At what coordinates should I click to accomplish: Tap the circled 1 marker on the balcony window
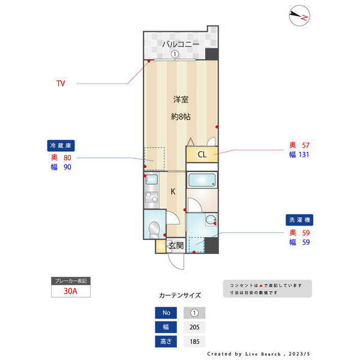point(174,54)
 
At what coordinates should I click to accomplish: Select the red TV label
point(61,83)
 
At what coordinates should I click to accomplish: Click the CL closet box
point(202,155)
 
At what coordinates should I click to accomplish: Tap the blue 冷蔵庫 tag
point(61,145)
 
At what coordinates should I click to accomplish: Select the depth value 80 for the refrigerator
point(67,157)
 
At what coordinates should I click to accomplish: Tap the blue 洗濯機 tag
point(298,220)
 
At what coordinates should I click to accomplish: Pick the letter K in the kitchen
point(173,192)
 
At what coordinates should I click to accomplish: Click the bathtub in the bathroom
point(202,180)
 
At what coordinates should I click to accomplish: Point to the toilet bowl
point(154,228)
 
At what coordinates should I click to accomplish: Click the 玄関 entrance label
point(175,245)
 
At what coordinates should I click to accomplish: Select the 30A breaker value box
point(70,292)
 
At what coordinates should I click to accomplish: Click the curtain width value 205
point(194,327)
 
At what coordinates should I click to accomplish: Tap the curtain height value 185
point(194,341)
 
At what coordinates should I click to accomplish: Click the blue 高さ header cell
point(166,341)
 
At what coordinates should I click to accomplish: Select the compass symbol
point(298,16)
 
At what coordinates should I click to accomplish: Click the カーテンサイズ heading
point(180,295)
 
